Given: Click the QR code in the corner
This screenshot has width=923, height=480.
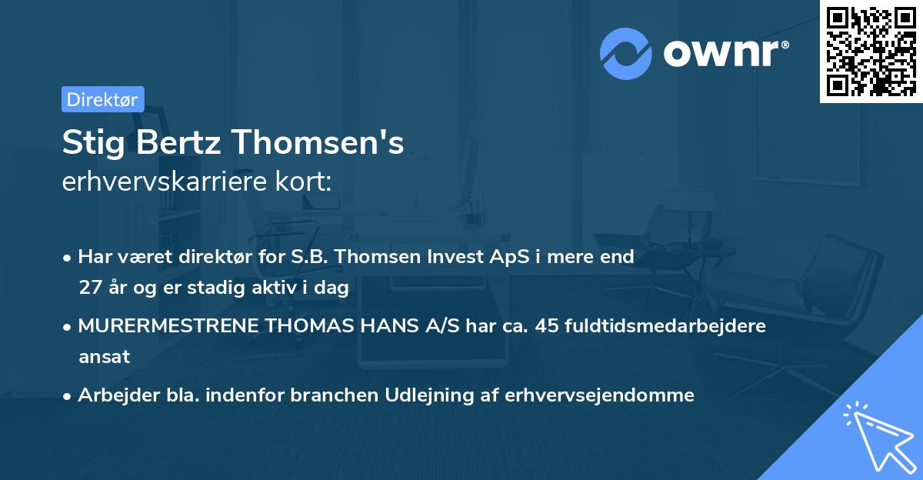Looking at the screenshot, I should click(x=871, y=51).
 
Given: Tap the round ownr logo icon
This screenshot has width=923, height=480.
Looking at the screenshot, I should click(x=626, y=54).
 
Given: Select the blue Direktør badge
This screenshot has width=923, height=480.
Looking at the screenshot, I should click(x=102, y=99).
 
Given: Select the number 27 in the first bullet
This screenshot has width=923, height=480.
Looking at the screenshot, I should click(x=88, y=288).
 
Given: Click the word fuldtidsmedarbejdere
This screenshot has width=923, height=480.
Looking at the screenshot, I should click(x=665, y=326).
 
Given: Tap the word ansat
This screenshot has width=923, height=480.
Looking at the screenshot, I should click(x=104, y=357).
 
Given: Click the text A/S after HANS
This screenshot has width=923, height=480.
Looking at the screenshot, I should click(x=443, y=326).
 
